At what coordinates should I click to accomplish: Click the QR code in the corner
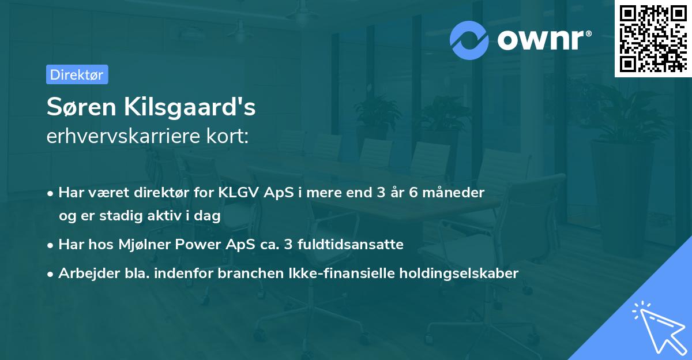tap(653, 39)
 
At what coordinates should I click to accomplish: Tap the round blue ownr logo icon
tap(470, 40)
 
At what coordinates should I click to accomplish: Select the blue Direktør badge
tap(77, 74)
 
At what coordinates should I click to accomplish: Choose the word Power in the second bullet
tap(200, 245)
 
